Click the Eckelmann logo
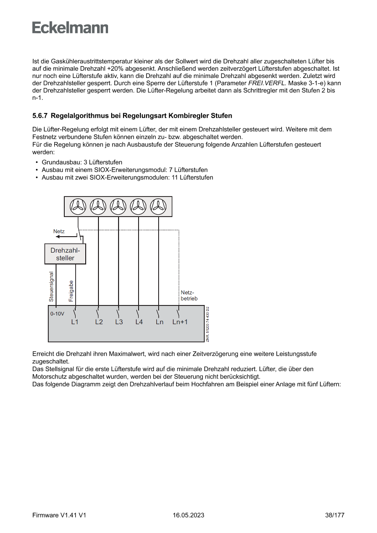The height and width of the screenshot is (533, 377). pos(70,28)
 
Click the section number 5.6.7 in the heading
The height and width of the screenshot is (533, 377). pos(40,116)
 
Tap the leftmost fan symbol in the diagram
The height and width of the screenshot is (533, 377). pos(78,207)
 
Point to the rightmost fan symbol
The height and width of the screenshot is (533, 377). pos(158,207)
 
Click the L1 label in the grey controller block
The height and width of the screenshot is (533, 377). pos(75,322)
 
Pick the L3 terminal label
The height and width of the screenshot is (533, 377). pos(119,322)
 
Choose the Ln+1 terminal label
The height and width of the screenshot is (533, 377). pos(180,322)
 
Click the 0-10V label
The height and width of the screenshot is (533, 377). pos(57,314)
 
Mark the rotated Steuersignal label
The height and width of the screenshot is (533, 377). pos(52,287)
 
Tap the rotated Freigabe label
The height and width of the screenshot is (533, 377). pos(71,290)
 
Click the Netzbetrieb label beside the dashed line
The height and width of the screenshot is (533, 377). pos(189,295)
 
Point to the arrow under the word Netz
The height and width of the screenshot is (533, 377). pos(66,237)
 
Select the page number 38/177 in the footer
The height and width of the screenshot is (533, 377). pos(335,515)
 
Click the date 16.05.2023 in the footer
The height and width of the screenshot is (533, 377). pos(188,515)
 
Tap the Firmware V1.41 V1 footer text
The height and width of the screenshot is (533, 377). pos(59,515)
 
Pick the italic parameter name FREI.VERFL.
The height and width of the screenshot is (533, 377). pos(266,83)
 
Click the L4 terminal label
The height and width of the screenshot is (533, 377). pos(139,322)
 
